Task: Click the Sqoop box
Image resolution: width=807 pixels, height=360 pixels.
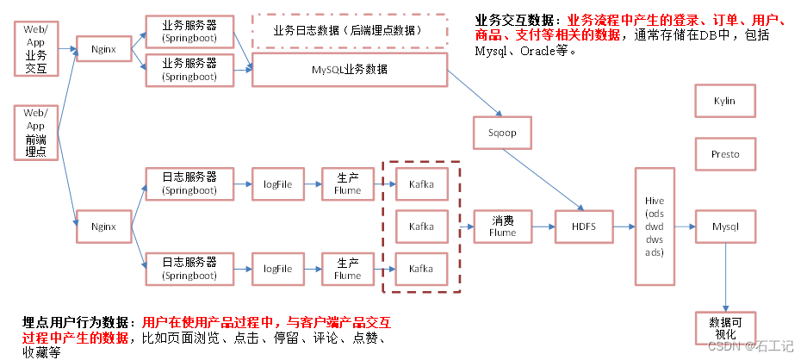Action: pos(501,133)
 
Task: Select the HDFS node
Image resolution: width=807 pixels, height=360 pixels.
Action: pos(586,227)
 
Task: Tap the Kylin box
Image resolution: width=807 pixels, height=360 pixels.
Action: pos(725,101)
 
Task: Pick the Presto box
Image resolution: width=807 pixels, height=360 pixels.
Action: pos(725,155)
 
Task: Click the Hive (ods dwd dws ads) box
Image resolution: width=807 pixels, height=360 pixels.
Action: pos(655,227)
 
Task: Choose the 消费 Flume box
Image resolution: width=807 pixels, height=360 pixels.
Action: pos(502,227)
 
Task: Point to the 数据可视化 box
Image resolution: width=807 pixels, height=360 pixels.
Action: pos(725,327)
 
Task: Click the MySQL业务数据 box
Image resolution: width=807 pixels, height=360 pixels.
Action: pos(349,69)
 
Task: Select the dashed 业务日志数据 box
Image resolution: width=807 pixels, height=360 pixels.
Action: pos(349,30)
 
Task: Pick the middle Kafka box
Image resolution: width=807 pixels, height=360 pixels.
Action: pos(421,227)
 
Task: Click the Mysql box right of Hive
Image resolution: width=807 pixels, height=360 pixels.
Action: pos(725,227)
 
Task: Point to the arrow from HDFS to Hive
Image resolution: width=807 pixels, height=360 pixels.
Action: pos(624,227)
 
